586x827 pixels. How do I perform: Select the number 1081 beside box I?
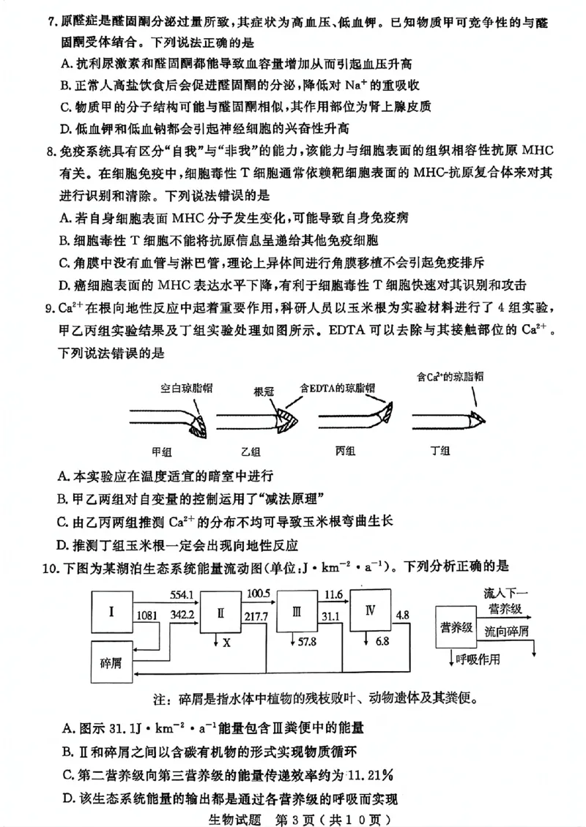coord(148,615)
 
